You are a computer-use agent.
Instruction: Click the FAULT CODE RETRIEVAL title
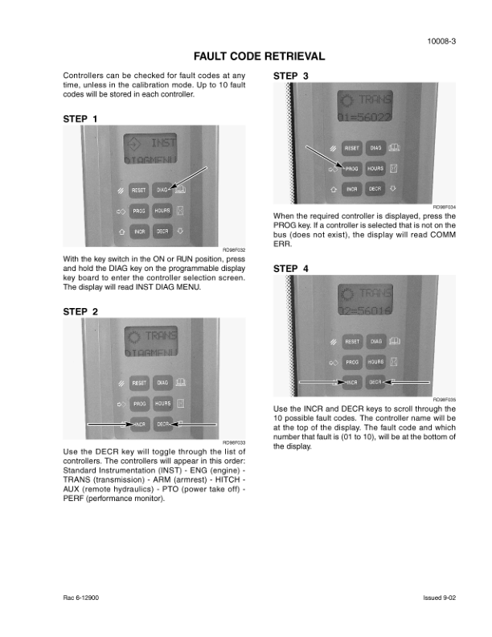coord(260,56)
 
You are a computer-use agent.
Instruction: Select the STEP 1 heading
coord(80,119)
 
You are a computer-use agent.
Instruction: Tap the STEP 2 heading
coord(80,311)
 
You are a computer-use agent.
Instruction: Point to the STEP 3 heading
coord(291,76)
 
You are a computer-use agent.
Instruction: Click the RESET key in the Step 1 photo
coord(138,191)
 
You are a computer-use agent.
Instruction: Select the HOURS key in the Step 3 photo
coord(375,169)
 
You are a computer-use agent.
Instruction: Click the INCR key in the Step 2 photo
coord(140,423)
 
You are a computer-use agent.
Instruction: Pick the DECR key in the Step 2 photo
coord(163,423)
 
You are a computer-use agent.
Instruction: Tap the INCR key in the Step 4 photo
coord(351,382)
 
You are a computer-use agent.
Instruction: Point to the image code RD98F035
coord(445,400)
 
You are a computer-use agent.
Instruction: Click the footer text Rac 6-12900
coord(82,598)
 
